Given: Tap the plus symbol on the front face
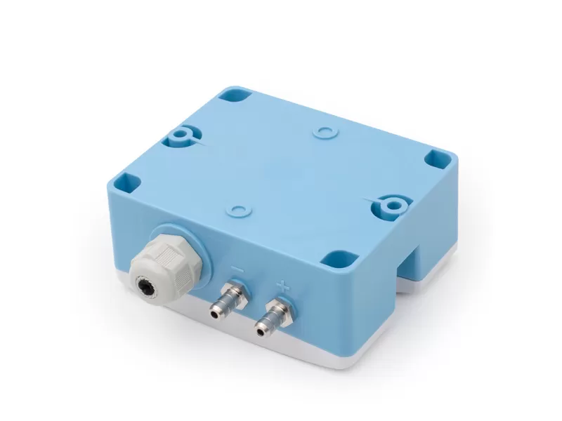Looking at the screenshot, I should click(282, 286).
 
